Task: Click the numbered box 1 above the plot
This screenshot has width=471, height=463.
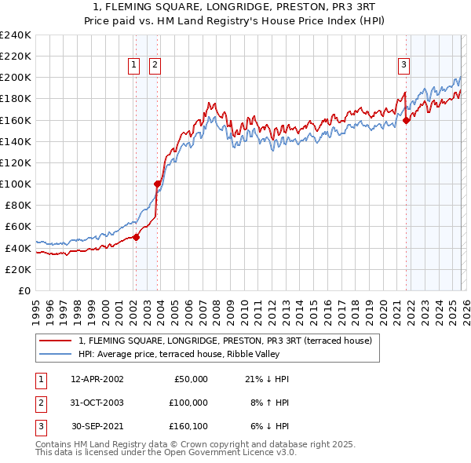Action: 134,65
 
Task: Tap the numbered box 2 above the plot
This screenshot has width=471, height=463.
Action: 155,65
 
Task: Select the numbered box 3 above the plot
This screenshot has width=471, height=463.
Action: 403,65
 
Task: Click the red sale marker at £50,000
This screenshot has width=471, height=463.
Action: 136,237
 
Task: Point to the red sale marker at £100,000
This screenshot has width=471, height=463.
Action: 157,184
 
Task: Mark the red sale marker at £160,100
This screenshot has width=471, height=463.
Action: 407,120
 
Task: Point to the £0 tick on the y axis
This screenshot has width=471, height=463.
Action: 25,290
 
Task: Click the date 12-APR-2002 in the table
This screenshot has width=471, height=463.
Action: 97,379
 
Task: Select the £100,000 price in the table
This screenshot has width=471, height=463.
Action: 188,402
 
